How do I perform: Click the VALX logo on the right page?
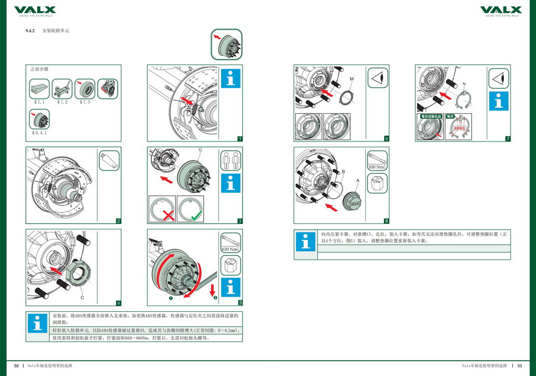[x=501, y=10]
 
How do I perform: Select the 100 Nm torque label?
[x=377, y=167]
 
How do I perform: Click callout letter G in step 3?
[x=200, y=150]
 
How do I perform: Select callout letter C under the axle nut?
[x=82, y=297]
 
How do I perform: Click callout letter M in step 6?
[x=352, y=79]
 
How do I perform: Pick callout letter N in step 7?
[x=465, y=83]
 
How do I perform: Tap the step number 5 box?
[x=240, y=303]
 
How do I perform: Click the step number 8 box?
[x=386, y=221]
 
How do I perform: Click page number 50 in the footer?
[x=17, y=366]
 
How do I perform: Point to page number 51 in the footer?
[x=519, y=366]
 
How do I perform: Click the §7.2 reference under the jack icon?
[x=62, y=102]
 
